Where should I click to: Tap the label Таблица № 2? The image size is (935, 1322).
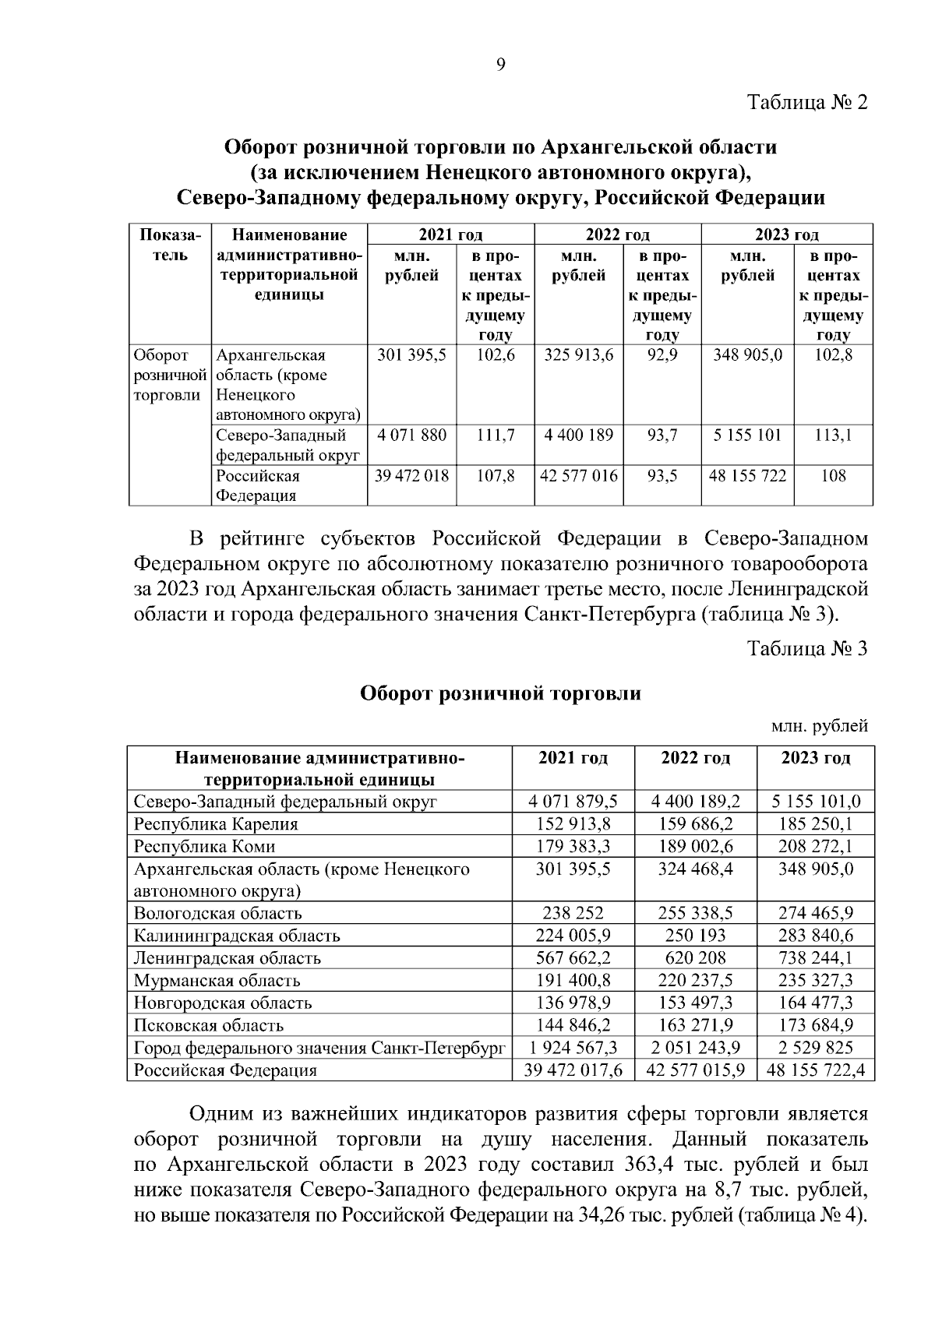coord(807,103)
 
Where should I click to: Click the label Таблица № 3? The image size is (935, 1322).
coord(807,649)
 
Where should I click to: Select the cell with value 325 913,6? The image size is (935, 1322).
coord(578,355)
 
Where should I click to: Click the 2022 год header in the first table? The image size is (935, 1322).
coord(617,234)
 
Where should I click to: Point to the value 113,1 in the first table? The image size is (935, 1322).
coord(833,435)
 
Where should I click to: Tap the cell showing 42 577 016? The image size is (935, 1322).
coord(578,476)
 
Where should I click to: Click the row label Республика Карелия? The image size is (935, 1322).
coord(216,823)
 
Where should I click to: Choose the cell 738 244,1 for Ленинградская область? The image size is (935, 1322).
coord(815,958)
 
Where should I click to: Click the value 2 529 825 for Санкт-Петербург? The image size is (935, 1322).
coord(815,1048)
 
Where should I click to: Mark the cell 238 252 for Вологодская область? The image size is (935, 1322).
coord(573,913)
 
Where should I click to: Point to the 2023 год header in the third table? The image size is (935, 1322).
coord(815,758)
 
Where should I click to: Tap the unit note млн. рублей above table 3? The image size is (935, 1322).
coord(819,727)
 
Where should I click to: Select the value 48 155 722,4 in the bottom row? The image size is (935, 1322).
coord(815,1070)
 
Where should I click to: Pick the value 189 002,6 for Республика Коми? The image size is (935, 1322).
coord(695,846)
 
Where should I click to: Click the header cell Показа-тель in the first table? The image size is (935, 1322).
coord(170,245)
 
